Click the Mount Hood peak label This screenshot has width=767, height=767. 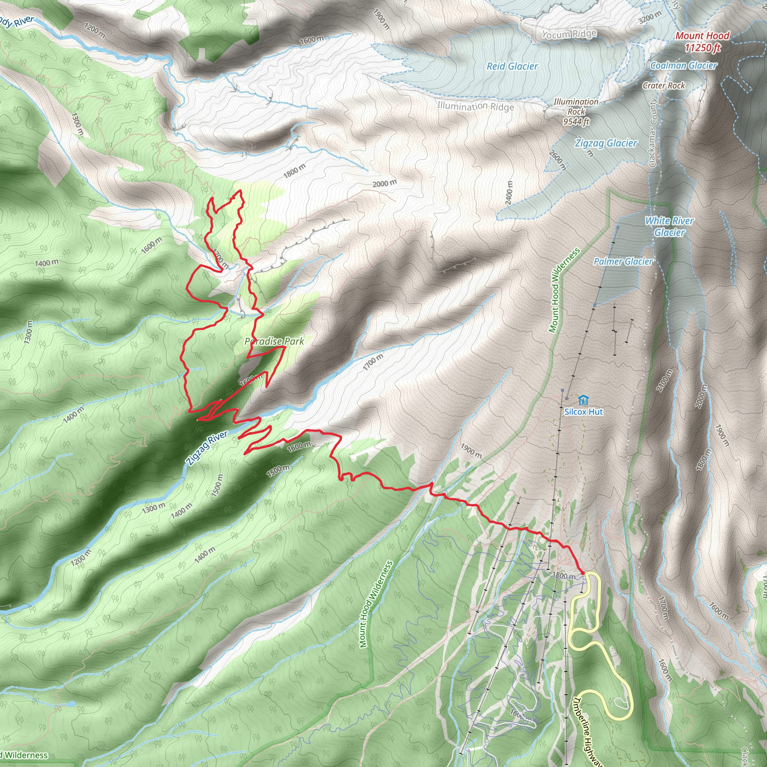click(702, 36)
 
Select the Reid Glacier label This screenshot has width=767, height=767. click(512, 66)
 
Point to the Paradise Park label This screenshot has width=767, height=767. click(274, 341)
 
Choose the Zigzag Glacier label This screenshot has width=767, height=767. click(606, 143)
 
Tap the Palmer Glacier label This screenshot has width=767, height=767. click(623, 261)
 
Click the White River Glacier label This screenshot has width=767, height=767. click(669, 226)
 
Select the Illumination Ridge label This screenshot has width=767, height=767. click(475, 106)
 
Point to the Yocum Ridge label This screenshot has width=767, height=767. click(569, 34)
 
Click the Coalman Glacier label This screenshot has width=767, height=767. click(683, 66)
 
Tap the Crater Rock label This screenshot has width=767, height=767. click(664, 85)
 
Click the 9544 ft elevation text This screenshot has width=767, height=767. click(576, 121)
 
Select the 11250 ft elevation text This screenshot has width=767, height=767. click(703, 48)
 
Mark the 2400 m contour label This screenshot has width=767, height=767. click(509, 193)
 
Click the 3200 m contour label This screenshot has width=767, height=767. click(650, 18)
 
